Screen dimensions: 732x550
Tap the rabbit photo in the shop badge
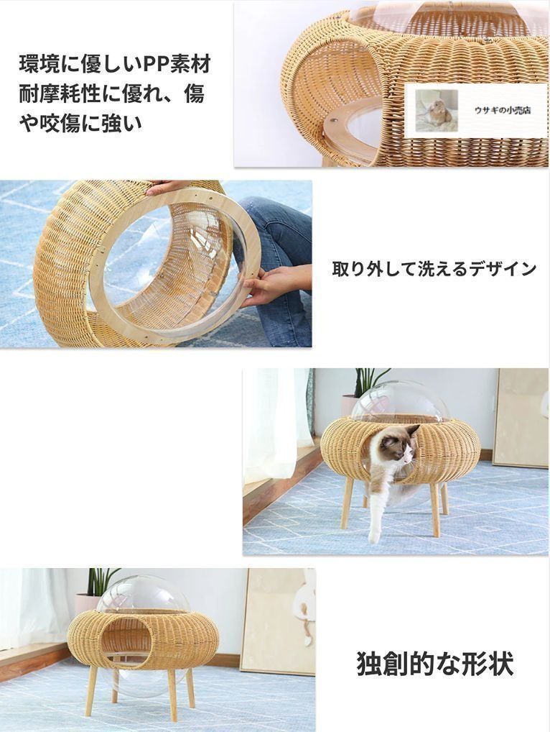(x=437, y=111)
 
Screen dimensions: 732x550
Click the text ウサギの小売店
(x=502, y=111)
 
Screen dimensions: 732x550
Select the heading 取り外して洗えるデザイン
(x=434, y=269)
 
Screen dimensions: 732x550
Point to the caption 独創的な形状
(x=435, y=663)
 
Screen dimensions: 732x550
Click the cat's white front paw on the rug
(x=374, y=536)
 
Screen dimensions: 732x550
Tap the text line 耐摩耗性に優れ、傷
(x=111, y=93)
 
